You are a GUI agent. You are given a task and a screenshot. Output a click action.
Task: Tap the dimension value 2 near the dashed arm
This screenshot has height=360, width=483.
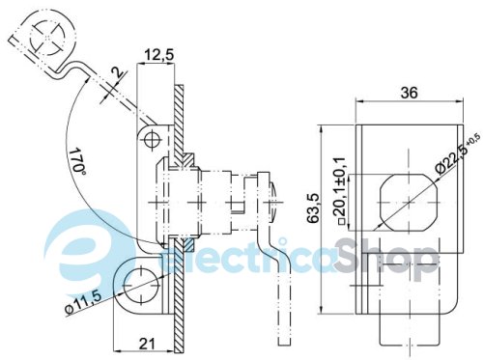(117, 72)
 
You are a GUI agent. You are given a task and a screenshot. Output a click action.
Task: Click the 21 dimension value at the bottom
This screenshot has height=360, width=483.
(147, 344)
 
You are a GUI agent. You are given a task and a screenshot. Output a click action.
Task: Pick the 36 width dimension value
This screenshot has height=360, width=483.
(409, 93)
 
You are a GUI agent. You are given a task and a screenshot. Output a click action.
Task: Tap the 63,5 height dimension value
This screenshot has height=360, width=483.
(313, 208)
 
